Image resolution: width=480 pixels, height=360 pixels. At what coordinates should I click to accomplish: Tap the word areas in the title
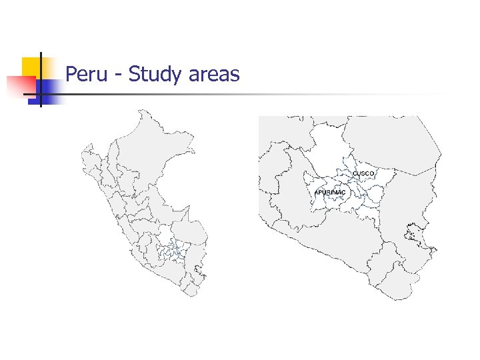click(214, 74)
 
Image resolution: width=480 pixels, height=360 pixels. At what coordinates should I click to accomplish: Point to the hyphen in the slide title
click(118, 75)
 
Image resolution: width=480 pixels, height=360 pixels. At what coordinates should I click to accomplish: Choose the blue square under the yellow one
click(47, 89)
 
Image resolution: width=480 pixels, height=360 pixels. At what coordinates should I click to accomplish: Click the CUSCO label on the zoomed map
click(363, 173)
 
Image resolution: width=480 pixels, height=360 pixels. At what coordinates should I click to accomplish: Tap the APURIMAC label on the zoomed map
click(330, 193)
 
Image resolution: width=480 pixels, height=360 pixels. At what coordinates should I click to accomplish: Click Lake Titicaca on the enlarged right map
click(411, 233)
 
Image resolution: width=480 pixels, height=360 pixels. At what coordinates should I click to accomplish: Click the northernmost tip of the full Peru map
click(141, 111)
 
